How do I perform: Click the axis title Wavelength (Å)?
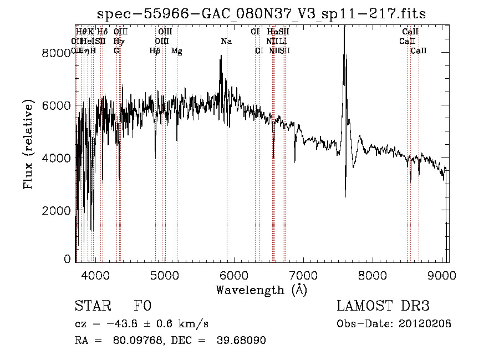pos(261,290)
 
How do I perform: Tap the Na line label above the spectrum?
pos(226,41)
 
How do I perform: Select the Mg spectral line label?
pos(177,51)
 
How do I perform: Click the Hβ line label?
pos(155,51)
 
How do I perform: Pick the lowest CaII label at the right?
pos(419,51)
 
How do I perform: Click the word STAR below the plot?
pos(92,307)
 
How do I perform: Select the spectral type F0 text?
pos(142,307)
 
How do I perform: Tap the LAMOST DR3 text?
pos(383,307)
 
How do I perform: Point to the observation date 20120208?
pos(425,324)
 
